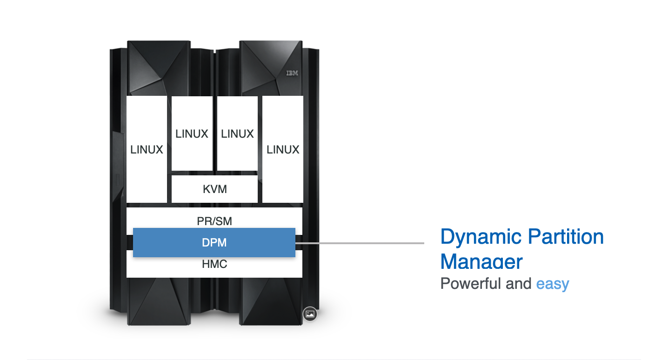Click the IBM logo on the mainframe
[292, 73]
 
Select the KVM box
[214, 189]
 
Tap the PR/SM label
[214, 220]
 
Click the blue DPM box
[214, 242]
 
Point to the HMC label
[214, 265]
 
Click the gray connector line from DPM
[360, 243]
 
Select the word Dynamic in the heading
[479, 237]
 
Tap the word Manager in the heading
[481, 261]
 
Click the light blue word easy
[553, 284]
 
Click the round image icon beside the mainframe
[310, 314]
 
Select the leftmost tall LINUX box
[147, 149]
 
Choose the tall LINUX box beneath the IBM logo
[283, 149]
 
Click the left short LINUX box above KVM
[192, 133]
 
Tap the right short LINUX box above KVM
[237, 133]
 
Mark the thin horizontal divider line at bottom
[334, 359]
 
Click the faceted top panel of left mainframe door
[158, 67]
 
